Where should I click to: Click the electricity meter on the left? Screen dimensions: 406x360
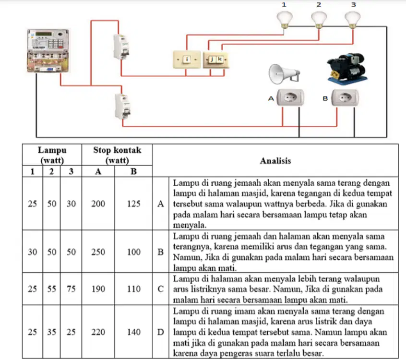point(48,51)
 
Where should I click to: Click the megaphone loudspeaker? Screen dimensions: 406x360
point(284,74)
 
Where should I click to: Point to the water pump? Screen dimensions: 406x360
point(347,68)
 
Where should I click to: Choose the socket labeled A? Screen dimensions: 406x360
point(290,97)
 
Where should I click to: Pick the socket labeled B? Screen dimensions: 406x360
point(345,97)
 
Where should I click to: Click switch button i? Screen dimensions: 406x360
point(187,60)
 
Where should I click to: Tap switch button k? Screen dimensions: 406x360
point(220,60)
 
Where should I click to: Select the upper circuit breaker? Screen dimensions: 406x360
point(121,47)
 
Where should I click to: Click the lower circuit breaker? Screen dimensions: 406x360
point(122,107)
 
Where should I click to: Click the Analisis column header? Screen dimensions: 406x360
point(275,161)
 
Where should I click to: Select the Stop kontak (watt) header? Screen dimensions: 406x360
point(117,155)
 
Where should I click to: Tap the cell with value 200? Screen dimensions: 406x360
point(98,204)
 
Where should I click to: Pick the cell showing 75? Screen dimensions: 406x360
point(71,289)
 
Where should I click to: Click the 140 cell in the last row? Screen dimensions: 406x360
point(133,332)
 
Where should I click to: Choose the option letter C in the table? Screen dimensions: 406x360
point(161,289)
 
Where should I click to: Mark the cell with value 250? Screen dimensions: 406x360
point(98,252)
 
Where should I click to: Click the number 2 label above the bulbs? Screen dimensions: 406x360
point(319,5)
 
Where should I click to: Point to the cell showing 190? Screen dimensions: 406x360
point(98,289)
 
